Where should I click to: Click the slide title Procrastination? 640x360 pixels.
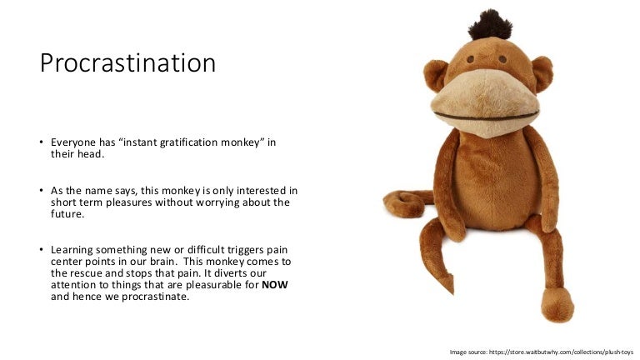click(127, 63)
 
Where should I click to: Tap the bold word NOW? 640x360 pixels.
click(275, 284)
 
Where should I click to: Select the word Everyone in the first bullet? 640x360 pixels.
click(73, 142)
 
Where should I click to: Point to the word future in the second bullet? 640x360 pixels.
click(67, 214)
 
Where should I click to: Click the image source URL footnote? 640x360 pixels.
click(541, 352)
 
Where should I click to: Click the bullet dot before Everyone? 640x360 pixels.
click(41, 142)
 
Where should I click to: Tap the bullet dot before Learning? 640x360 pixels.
click(41, 249)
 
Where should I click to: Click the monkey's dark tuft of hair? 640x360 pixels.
click(490, 25)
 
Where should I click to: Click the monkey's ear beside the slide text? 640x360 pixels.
click(436, 75)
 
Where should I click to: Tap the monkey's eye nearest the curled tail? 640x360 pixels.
click(471, 60)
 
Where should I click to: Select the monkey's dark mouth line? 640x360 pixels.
click(486, 117)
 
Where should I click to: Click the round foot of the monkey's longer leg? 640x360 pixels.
click(557, 305)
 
